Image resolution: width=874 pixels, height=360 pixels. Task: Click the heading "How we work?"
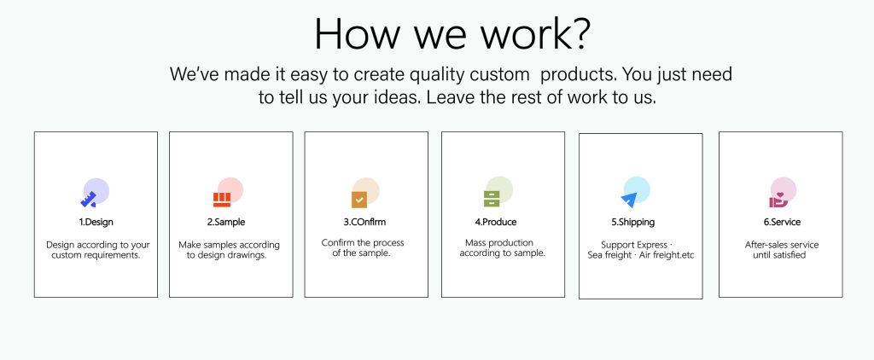[x=452, y=33]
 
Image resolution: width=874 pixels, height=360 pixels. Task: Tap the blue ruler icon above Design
[x=89, y=199]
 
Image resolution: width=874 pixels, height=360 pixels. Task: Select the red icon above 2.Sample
[x=222, y=200]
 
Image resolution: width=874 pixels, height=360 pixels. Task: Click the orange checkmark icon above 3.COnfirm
[x=359, y=199]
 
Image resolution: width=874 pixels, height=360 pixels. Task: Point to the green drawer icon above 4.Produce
[x=492, y=199]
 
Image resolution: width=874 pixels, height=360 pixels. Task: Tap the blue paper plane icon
[x=629, y=200]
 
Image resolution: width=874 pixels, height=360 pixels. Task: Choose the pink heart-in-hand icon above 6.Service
[x=778, y=200]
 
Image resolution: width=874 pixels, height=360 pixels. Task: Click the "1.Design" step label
[x=96, y=222]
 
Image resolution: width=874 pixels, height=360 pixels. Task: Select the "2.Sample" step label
[x=226, y=222]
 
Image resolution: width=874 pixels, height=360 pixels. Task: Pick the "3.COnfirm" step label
[x=364, y=222]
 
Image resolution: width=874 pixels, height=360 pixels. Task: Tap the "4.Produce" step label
[x=496, y=222]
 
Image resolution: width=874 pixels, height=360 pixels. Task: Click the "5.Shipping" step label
[x=632, y=223]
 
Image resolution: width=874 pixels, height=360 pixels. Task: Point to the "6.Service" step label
[x=782, y=222]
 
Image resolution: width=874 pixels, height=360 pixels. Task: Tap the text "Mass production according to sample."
[x=502, y=248]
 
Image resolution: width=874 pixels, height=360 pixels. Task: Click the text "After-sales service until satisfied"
[x=782, y=250]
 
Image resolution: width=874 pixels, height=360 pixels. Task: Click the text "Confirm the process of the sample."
[x=362, y=248]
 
